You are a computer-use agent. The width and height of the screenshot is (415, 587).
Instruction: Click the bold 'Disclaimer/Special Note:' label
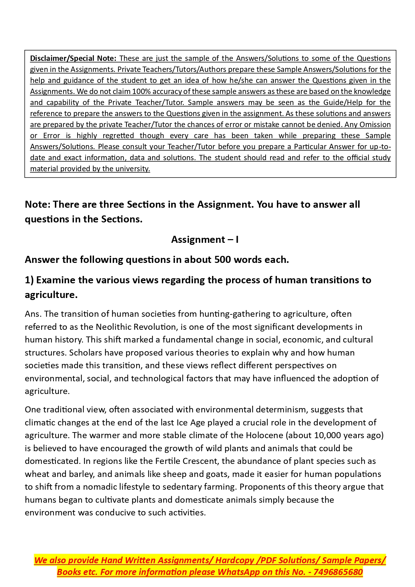pyautogui.click(x=73, y=58)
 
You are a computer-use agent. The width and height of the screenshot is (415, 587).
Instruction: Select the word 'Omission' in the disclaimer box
pyautogui.click(x=375, y=124)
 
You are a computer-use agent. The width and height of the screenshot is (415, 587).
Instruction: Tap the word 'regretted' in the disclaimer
pyautogui.click(x=118, y=135)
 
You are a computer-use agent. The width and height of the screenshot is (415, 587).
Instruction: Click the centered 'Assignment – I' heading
pyautogui.click(x=205, y=239)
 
